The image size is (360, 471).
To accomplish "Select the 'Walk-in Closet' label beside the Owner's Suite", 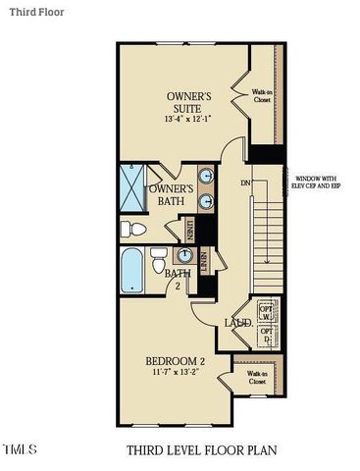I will coord(262,95).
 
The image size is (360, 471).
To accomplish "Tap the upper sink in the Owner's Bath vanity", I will coord(208,178).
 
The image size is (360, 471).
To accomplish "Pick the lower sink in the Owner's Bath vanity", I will coord(208,202).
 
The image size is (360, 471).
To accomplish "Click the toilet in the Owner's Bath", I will coord(131,229).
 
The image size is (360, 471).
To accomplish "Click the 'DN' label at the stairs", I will coord(245,183).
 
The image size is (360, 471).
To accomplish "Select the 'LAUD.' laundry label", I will coord(238,322).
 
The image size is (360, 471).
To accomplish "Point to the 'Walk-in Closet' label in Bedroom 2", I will coord(257,377).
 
